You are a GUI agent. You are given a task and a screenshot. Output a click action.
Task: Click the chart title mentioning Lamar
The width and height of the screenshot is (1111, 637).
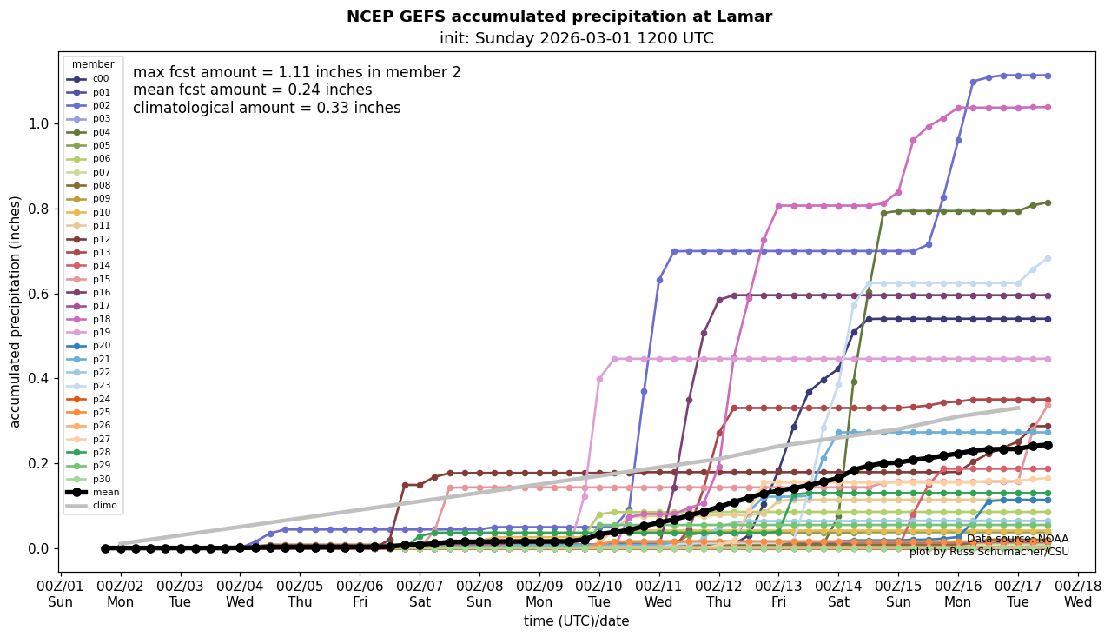tap(559, 17)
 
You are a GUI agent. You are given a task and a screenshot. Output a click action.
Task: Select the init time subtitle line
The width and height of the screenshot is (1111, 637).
tap(576, 38)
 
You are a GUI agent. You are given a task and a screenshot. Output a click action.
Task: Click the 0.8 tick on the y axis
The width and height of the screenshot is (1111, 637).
tap(38, 209)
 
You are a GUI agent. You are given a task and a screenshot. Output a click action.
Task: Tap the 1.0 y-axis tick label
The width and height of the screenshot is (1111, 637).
tap(38, 123)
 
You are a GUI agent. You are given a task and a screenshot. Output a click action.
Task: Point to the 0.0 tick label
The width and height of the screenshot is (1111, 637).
tap(38, 548)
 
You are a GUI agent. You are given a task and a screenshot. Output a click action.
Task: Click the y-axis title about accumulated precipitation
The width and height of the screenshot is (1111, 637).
tap(15, 311)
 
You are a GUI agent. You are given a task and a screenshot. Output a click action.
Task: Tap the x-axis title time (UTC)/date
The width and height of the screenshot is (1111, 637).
tap(576, 621)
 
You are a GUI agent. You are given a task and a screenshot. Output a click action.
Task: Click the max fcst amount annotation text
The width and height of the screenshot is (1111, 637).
tap(296, 73)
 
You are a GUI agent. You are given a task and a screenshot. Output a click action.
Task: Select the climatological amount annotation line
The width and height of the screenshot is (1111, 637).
tap(267, 109)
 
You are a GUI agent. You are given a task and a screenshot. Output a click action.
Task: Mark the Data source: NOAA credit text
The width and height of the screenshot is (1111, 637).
tap(1017, 539)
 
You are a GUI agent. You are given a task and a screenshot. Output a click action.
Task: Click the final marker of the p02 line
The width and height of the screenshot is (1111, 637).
tap(1048, 76)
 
